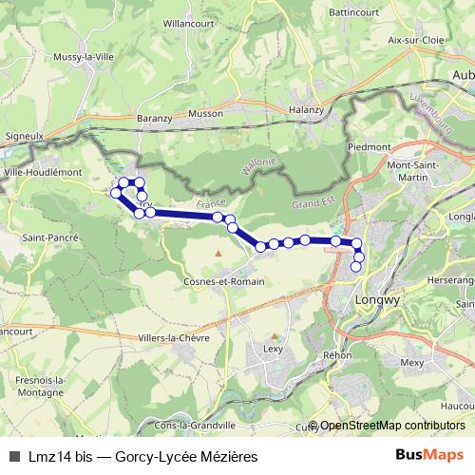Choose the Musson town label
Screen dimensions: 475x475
click(205, 113)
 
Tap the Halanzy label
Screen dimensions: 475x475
click(307, 109)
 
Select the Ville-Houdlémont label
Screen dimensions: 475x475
click(44, 173)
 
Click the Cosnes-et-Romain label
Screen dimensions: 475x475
click(219, 282)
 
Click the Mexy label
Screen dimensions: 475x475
click(411, 362)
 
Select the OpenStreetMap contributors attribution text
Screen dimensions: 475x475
click(390, 426)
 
